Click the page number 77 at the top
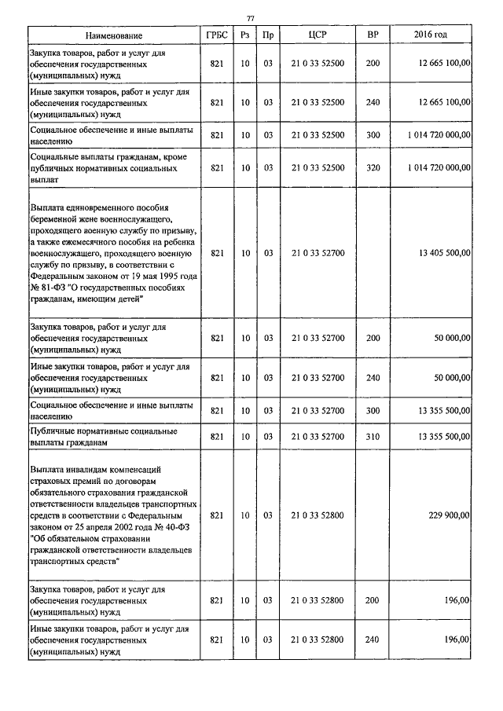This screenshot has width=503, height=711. tap(251, 17)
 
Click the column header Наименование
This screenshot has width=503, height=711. tap(115, 35)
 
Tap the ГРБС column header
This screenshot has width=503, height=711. tap(217, 35)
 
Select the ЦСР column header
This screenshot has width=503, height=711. tap(318, 35)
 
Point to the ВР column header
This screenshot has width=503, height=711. tap(373, 35)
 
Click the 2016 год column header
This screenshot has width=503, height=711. tap(431, 35)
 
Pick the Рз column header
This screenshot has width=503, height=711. tap(245, 35)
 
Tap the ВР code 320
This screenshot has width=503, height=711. tap(373, 167)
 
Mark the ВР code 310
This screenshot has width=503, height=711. tap(373, 436)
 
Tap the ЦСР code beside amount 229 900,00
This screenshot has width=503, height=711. tap(318, 515)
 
